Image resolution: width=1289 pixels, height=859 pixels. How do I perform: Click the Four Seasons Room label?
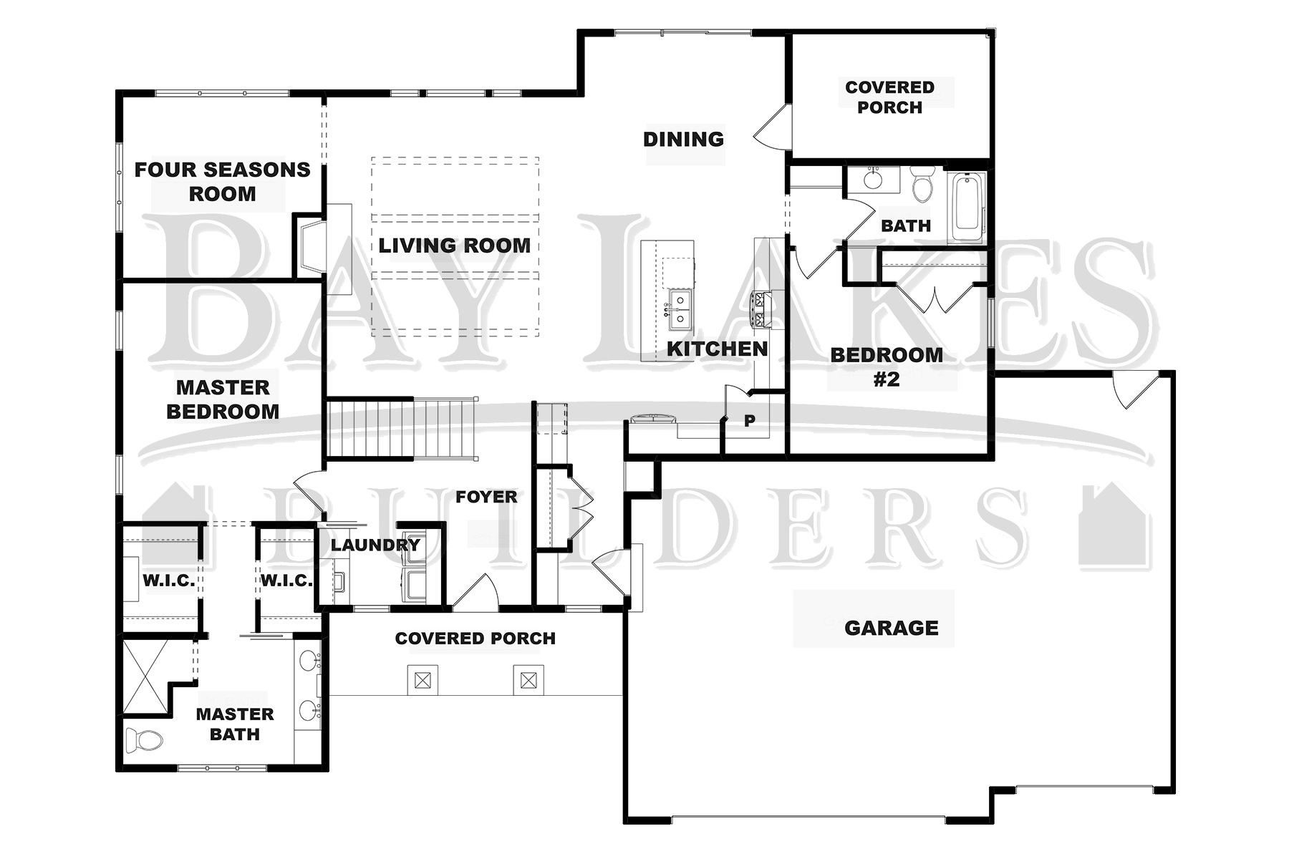click(223, 182)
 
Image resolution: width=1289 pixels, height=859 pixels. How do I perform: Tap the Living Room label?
click(455, 246)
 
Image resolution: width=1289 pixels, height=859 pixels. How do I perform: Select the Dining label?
click(683, 139)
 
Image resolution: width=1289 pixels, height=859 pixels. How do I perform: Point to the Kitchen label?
click(717, 349)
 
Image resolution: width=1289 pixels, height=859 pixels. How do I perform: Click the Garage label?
click(892, 628)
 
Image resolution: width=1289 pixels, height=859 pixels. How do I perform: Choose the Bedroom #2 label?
click(887, 367)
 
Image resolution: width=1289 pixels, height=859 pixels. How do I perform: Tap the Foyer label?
click(486, 497)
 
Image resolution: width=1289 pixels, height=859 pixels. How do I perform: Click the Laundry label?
click(375, 545)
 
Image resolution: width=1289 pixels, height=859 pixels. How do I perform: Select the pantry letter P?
click(749, 421)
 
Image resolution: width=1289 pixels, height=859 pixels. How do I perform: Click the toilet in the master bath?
click(144, 739)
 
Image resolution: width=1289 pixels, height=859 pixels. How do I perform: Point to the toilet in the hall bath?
click(922, 183)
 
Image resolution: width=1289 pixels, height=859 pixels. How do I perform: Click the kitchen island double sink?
click(680, 310)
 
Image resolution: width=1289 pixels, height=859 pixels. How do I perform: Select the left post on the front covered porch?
click(423, 680)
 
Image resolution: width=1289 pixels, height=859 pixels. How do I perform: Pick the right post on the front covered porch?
click(528, 680)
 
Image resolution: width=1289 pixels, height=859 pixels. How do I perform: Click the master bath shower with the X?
click(147, 676)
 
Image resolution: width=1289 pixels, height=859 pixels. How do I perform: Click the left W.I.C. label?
click(169, 581)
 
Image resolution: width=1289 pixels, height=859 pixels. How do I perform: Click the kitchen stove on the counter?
click(760, 310)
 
